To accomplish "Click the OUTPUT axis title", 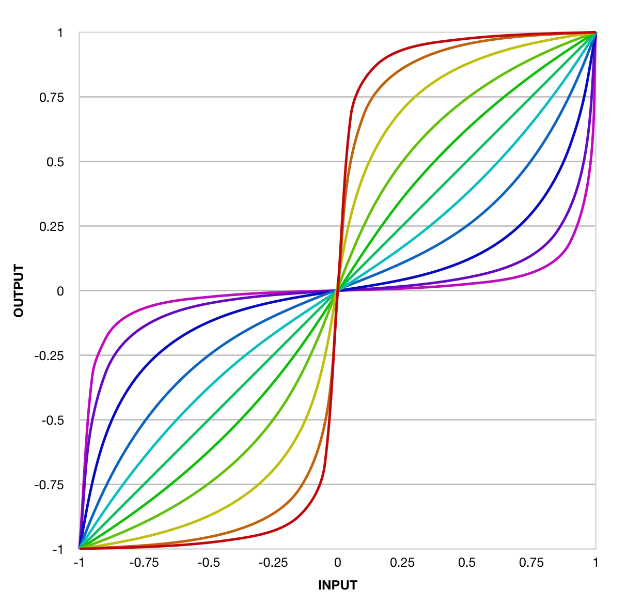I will point(19,291).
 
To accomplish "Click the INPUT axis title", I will point(337,585).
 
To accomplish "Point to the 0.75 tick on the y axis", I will point(52,97).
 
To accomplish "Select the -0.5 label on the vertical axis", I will point(53,421).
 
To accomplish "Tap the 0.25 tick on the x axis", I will point(402,563).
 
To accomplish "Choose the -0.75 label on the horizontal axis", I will point(144,563).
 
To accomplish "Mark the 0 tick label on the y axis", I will point(60,291).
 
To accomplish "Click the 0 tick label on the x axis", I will point(337,563).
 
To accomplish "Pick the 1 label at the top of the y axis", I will point(60,33).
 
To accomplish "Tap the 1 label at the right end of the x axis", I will point(595,563).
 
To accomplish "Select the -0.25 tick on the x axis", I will point(273,563).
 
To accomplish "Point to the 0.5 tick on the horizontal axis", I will point(466,563).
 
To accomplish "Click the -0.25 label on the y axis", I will point(49,356).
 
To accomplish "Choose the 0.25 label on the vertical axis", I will point(52,226).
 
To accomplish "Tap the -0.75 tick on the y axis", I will point(49,485).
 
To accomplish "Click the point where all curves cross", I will point(337,290).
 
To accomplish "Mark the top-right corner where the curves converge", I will point(595,33).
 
